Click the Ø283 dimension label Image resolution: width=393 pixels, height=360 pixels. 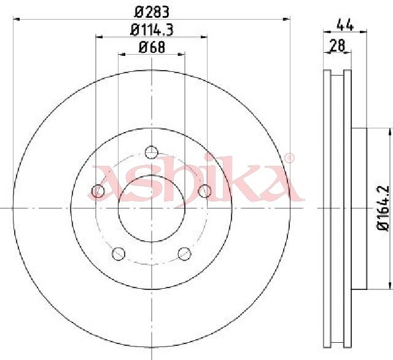pyautogui.click(x=152, y=12)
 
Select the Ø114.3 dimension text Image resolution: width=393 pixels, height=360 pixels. pyautogui.click(x=152, y=30)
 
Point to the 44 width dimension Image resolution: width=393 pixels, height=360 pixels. pyautogui.click(x=345, y=25)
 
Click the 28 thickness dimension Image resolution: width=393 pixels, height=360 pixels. pyautogui.click(x=338, y=45)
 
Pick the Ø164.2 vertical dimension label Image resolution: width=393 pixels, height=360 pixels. pyautogui.click(x=383, y=208)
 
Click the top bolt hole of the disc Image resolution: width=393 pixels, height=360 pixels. pyautogui.click(x=152, y=152)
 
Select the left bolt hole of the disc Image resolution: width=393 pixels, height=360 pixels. pyautogui.click(x=98, y=191)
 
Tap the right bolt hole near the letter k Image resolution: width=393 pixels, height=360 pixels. pyautogui.click(x=204, y=191)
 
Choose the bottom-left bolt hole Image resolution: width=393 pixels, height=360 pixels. pyautogui.click(x=119, y=254)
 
